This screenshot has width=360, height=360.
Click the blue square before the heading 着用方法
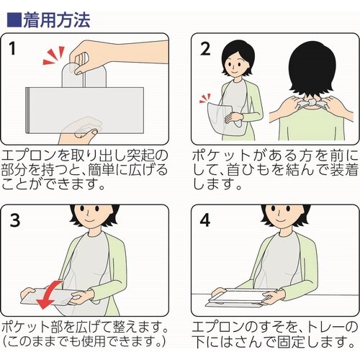[14, 19]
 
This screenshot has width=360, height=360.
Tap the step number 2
[205, 49]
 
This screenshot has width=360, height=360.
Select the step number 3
[15, 220]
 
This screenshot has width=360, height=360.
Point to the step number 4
[204, 220]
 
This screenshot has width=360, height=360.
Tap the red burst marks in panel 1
[54, 55]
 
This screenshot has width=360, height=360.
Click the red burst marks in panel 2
[205, 99]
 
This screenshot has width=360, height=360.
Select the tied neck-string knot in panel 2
[311, 103]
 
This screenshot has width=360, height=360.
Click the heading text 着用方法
[57, 20]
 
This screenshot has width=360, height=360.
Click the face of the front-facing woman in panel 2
[236, 63]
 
